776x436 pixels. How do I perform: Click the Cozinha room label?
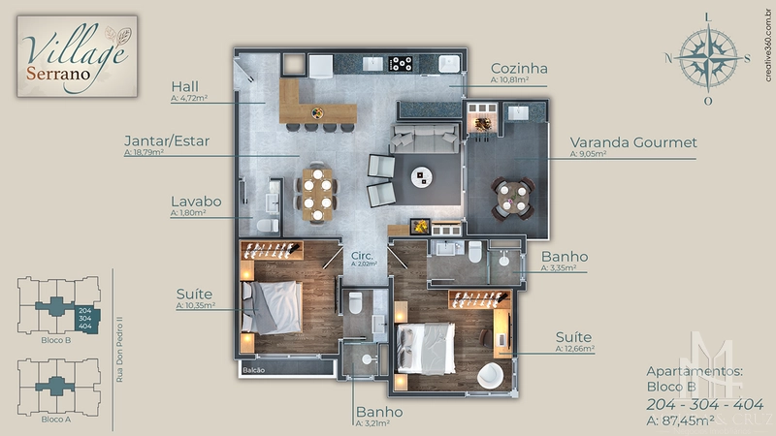[519, 69]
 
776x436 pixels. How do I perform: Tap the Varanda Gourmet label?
[633, 142]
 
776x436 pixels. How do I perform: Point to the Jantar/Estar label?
[167, 140]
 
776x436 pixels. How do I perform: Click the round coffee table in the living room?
[422, 176]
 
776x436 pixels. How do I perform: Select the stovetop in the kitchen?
[400, 65]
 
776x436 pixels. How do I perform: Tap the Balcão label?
[253, 369]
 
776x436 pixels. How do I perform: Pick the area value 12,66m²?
[575, 347]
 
